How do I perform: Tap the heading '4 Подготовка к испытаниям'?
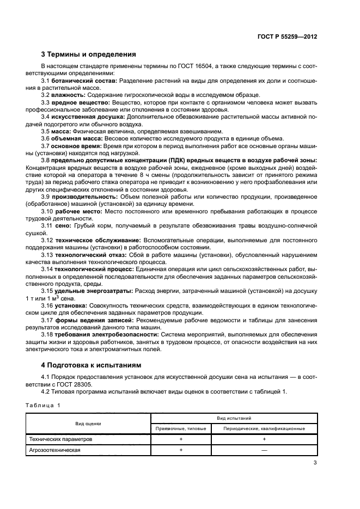pyautogui.click(x=90, y=365)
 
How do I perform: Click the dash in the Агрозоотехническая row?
pyautogui.click(x=264, y=450)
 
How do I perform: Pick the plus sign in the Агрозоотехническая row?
pyautogui.click(x=181, y=450)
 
